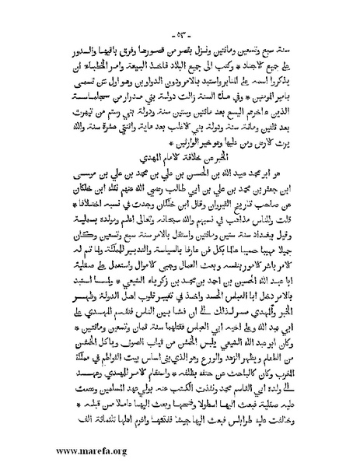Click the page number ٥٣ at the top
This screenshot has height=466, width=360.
tap(180, 18)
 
